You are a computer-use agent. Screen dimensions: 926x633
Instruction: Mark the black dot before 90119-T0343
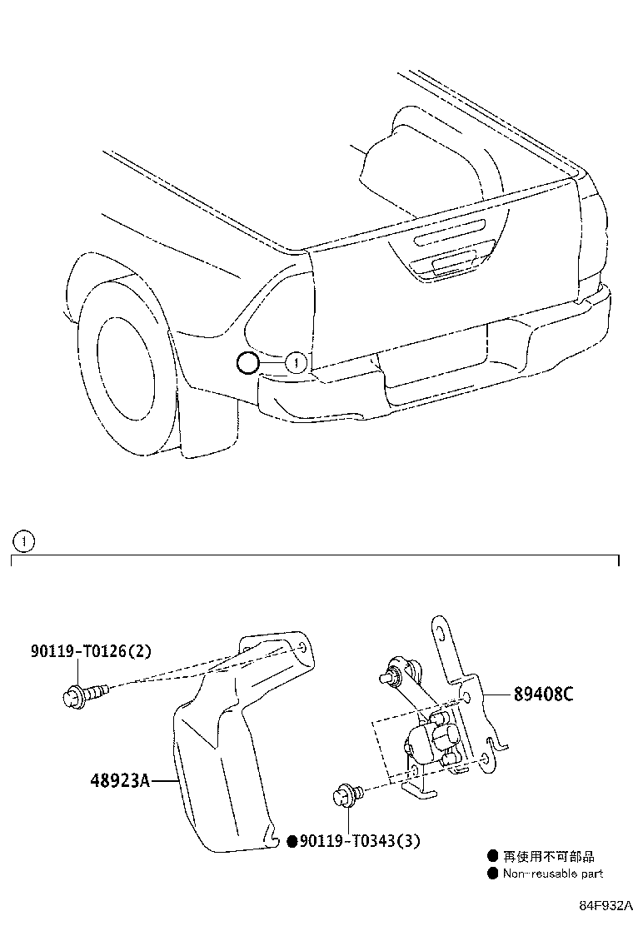click(292, 841)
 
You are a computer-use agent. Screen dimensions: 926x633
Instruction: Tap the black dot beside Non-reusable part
click(493, 874)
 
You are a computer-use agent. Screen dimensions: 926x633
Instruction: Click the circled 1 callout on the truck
click(297, 362)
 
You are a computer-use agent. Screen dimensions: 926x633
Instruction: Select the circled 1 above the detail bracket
click(24, 541)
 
